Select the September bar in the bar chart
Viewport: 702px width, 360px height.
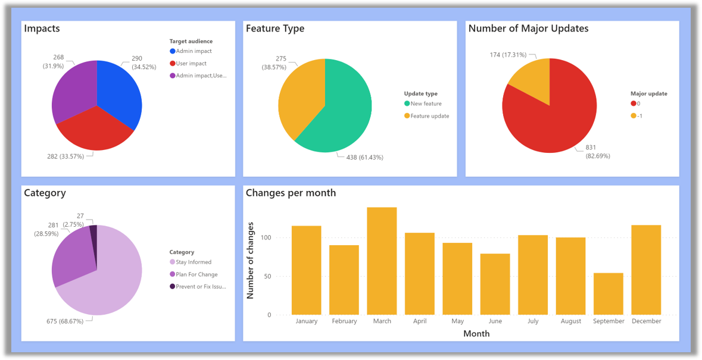608,293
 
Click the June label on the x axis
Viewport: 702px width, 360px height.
495,321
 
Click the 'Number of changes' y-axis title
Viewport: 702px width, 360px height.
251,260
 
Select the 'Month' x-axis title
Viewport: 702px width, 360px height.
476,334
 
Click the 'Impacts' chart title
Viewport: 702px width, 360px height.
42,29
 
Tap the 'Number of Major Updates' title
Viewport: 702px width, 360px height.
528,29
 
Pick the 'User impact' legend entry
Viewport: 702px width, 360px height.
191,64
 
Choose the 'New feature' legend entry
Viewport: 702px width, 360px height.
425,104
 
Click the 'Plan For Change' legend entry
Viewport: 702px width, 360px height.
196,274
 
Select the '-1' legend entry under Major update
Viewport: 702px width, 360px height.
639,115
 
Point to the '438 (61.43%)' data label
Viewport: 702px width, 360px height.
360,158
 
